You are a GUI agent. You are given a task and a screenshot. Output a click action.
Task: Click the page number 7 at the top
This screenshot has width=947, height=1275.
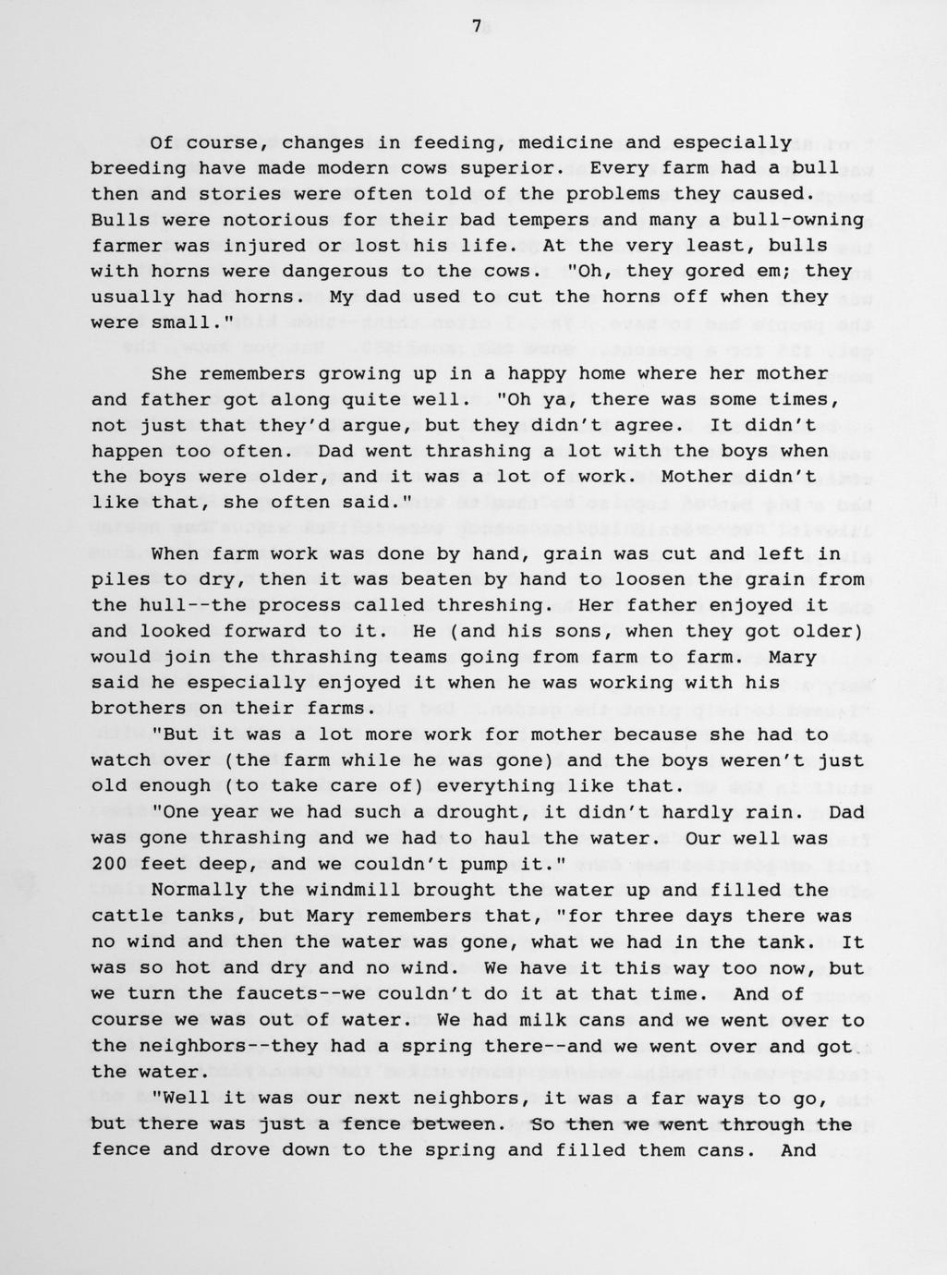click(477, 27)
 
